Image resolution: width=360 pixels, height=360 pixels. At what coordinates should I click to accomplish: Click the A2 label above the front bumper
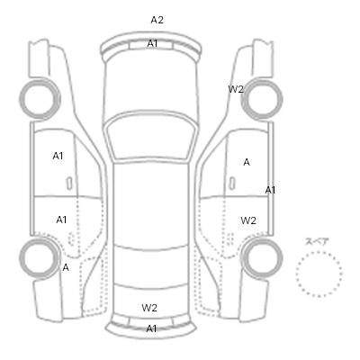(157, 20)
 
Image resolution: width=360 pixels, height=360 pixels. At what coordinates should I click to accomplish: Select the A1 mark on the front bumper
(152, 44)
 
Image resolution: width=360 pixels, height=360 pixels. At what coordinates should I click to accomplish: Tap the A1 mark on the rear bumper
(151, 328)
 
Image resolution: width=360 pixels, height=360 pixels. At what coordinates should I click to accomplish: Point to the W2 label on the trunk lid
(149, 308)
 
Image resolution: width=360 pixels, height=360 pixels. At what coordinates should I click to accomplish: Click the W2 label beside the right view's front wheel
(236, 89)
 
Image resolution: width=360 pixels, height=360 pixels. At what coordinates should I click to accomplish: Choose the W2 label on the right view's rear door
(248, 220)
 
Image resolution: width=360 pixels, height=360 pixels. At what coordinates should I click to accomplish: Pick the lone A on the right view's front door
(247, 162)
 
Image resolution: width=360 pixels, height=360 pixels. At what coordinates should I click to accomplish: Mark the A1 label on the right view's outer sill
(270, 190)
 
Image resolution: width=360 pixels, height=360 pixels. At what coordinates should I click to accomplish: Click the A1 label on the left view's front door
(58, 156)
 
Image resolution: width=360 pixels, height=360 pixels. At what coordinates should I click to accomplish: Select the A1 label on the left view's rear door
(61, 220)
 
